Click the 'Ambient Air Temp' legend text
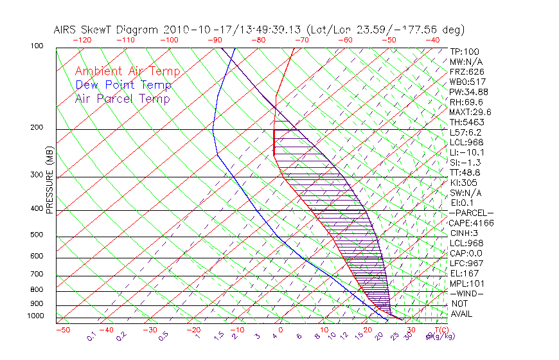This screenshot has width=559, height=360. click(127, 71)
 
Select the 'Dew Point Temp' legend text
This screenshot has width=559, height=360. click(123, 85)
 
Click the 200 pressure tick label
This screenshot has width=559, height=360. click(37, 128)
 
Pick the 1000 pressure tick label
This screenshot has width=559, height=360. click(35, 316)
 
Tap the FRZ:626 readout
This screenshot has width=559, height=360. click(467, 71)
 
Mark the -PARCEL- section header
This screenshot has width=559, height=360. click(472, 213)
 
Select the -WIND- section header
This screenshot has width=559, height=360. click(466, 293)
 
